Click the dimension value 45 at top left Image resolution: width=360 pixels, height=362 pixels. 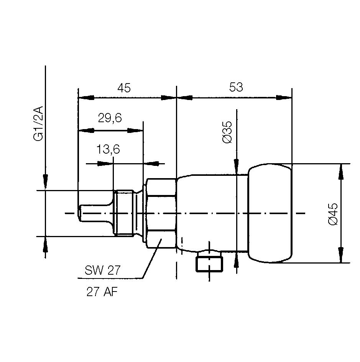[124, 88]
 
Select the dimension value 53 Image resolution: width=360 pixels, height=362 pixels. [236, 87]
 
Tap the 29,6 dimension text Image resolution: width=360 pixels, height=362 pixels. [110, 118]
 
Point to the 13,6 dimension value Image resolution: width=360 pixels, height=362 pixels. [108, 149]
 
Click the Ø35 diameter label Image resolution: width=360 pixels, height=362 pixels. [227, 132]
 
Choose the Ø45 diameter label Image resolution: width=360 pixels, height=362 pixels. [333, 214]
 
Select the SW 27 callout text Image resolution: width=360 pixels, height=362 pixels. [102, 270]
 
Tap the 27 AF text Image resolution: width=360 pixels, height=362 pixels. [102, 293]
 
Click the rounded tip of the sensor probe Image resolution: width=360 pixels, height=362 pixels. [79, 213]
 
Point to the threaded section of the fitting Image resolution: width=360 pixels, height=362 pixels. [125, 213]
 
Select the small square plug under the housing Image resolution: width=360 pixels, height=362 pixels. [209, 264]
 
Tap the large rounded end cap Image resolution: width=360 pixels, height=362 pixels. [270, 213]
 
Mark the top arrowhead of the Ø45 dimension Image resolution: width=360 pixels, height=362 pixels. [340, 171]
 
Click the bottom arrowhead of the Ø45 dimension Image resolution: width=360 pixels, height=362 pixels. [340, 256]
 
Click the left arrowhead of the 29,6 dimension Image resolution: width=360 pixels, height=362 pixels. [85, 131]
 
